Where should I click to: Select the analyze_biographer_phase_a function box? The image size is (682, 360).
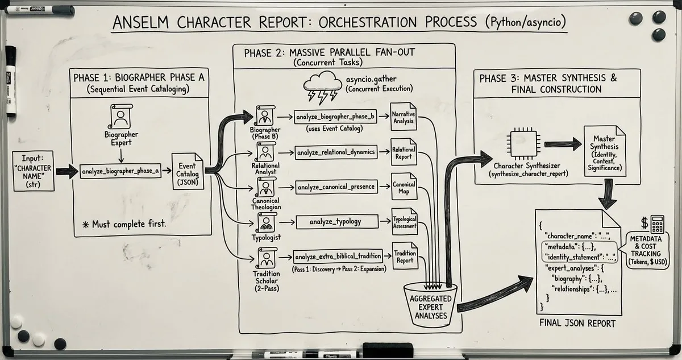click(x=120, y=171)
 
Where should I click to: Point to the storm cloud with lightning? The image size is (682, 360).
click(x=319, y=87)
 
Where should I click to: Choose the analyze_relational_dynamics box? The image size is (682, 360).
click(x=336, y=152)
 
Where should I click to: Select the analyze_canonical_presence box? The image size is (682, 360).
click(x=336, y=187)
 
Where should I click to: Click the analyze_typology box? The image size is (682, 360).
click(x=336, y=221)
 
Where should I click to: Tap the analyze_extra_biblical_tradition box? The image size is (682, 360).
click(x=336, y=256)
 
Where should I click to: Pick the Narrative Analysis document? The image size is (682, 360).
click(x=404, y=118)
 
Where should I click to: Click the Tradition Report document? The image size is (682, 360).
click(x=404, y=257)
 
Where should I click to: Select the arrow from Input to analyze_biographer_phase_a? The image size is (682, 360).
click(x=66, y=171)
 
